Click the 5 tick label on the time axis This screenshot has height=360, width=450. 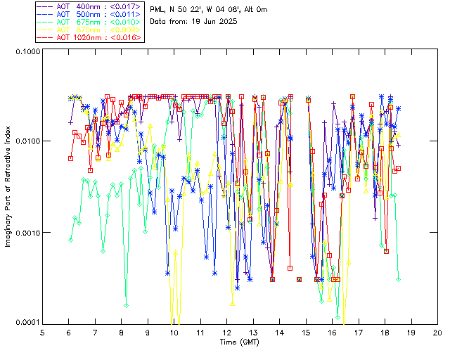43,332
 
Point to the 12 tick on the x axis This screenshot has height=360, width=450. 227,332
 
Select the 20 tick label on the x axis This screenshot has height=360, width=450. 437,332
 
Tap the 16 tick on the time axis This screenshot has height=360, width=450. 332,332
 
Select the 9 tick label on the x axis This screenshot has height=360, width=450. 148,332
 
